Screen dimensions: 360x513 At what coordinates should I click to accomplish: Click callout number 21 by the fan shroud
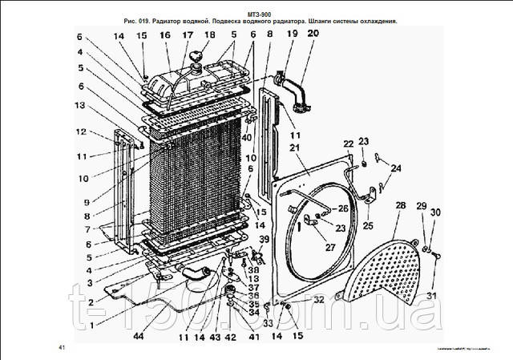point(294,148)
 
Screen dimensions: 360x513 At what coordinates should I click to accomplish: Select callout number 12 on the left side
point(81,131)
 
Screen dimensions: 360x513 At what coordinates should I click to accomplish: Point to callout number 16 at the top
point(164,36)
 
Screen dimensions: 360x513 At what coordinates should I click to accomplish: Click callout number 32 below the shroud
point(317,299)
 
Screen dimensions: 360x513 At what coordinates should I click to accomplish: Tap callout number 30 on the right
point(438,212)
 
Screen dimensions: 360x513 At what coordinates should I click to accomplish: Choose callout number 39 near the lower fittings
point(262,240)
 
